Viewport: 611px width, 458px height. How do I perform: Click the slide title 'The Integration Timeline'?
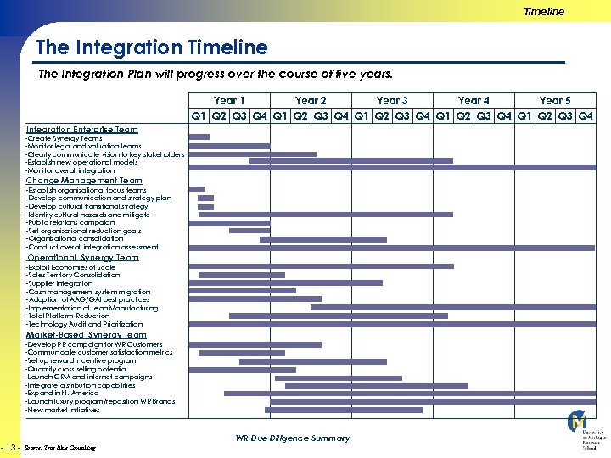152,48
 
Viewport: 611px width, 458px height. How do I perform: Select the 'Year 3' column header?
392,100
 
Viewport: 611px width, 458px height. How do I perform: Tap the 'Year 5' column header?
555,100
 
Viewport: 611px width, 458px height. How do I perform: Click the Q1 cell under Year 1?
199,115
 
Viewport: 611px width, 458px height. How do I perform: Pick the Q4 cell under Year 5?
586,115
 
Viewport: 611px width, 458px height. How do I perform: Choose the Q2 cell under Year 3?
382,115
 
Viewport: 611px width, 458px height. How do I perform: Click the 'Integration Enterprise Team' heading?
81,130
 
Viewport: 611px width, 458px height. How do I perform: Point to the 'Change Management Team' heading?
84,181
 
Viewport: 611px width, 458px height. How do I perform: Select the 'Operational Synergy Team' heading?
83,258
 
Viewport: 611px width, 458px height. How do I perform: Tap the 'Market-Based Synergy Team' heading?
86,335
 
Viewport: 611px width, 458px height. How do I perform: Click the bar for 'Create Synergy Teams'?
199,137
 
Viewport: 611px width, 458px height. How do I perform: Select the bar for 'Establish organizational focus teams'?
197,189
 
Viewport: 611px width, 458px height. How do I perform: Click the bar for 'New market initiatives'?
344,410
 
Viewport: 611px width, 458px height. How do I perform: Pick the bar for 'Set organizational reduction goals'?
249,230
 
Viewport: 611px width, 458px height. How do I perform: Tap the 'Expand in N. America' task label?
63,394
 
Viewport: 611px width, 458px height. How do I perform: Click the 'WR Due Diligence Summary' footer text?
292,438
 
